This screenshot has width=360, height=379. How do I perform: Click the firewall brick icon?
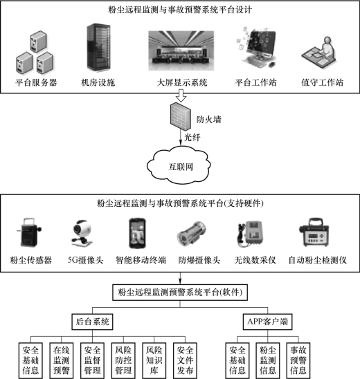[180, 116]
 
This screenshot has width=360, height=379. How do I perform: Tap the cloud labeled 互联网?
[179, 165]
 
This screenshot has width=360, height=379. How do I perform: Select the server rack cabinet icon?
[98, 47]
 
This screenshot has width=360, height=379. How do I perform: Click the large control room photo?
[181, 50]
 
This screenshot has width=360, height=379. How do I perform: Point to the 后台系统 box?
[92, 322]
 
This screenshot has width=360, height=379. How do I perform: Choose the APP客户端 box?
[268, 322]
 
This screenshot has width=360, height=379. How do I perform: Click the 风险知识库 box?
[154, 360]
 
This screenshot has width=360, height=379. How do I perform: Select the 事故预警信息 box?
[298, 360]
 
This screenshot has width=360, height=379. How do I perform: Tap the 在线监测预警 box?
[62, 360]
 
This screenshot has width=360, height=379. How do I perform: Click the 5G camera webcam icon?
[81, 233]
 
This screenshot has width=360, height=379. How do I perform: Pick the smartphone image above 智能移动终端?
[137, 233]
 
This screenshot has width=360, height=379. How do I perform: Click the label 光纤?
[192, 138]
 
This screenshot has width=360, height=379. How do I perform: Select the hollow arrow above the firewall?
[181, 95]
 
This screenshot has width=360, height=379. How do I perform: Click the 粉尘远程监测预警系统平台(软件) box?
[180, 293]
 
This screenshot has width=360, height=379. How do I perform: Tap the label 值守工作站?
[322, 83]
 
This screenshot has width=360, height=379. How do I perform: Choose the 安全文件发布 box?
[185, 360]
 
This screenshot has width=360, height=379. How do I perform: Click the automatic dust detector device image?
[314, 232]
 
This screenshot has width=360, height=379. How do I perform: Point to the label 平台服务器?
[36, 83]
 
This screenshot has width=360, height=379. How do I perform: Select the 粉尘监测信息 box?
[268, 360]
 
